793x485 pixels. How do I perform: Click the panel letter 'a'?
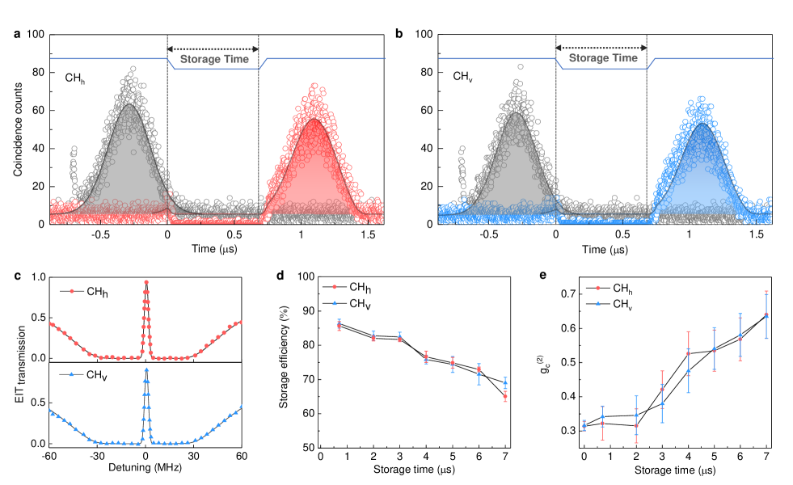[x=17, y=34]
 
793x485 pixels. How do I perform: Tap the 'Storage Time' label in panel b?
[x=601, y=58]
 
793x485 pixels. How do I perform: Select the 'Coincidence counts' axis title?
[x=18, y=129]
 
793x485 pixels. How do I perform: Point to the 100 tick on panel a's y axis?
[x=35, y=35]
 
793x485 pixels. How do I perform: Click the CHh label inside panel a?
[x=78, y=78]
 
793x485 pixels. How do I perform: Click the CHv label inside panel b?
[x=463, y=78]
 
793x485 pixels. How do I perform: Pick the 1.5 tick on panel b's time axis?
[x=756, y=234]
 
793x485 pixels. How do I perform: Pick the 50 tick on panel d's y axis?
[x=306, y=447]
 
